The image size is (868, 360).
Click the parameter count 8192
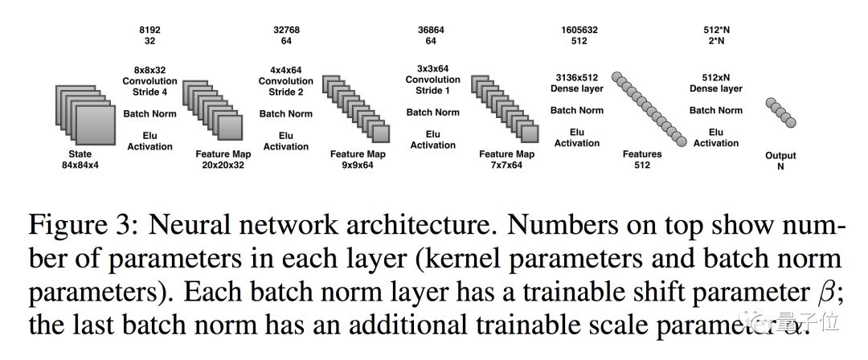(x=149, y=30)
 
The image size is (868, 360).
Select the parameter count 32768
(x=286, y=30)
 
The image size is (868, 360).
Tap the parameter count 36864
(x=432, y=30)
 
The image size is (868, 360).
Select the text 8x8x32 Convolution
(x=149, y=76)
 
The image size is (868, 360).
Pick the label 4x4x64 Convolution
(x=286, y=76)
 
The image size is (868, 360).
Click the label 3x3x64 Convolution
(x=432, y=75)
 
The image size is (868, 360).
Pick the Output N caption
(x=780, y=162)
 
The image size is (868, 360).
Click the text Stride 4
(x=149, y=92)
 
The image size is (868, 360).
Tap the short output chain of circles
(x=780, y=112)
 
